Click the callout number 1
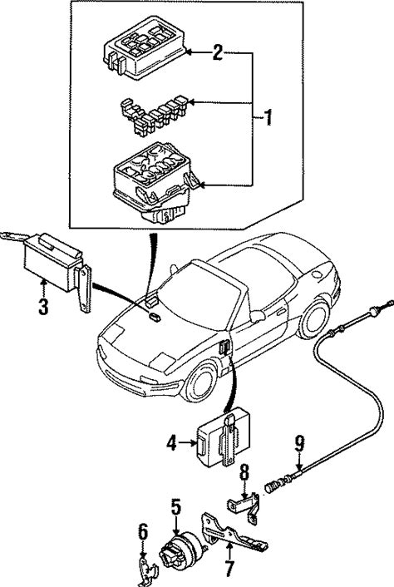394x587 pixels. point(268,117)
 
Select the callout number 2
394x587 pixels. point(218,52)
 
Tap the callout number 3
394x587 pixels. point(43,306)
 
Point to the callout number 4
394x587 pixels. point(171,443)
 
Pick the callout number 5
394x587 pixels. point(176,507)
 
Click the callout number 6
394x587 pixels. point(143,532)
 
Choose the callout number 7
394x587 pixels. point(229,568)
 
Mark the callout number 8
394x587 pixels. point(244,473)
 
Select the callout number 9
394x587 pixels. point(299,444)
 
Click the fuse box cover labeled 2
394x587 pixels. point(145,47)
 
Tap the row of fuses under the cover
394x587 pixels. point(154,114)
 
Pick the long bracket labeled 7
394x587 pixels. point(233,532)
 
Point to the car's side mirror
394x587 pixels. point(257,316)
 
